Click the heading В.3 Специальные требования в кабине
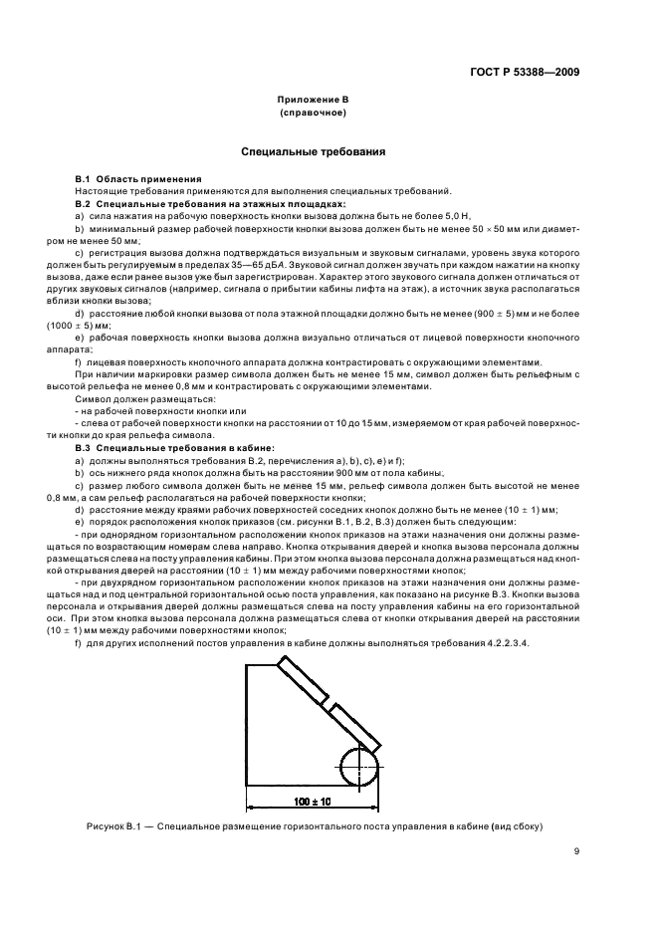(x=160, y=448)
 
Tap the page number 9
(x=576, y=850)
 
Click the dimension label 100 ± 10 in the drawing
(x=312, y=801)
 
